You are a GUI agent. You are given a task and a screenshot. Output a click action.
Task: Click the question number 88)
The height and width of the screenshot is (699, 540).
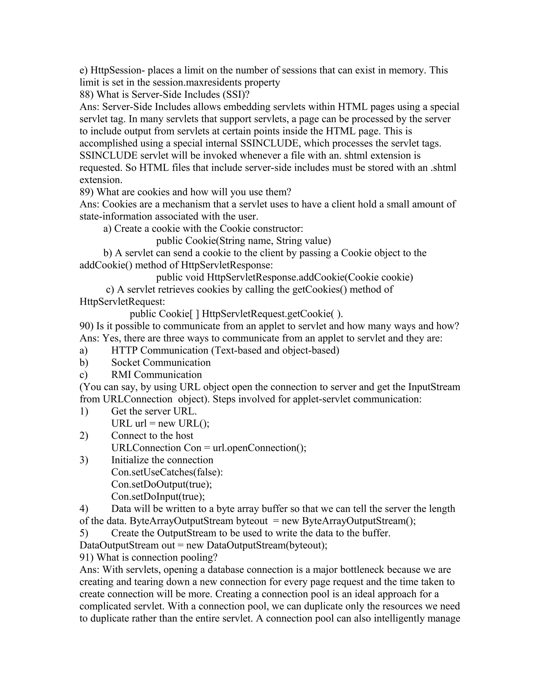[87, 95]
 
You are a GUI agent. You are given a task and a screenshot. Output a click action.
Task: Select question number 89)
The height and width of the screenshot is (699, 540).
[87, 192]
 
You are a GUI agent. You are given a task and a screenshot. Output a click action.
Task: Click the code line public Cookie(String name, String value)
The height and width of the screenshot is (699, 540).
[243, 241]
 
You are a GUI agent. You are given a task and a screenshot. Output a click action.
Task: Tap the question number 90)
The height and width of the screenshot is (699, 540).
[87, 326]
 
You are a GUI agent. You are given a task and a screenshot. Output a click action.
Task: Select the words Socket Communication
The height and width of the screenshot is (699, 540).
[161, 362]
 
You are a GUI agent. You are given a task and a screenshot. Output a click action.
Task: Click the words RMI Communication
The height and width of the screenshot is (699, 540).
[156, 375]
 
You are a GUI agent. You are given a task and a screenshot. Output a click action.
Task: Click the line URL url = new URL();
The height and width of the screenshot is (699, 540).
[160, 423]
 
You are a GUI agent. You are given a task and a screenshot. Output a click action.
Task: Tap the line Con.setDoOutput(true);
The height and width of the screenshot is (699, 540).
[162, 484]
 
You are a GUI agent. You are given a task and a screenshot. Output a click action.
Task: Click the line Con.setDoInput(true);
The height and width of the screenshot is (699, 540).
[158, 496]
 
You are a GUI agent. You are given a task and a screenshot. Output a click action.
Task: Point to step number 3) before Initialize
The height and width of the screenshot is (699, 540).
[84, 460]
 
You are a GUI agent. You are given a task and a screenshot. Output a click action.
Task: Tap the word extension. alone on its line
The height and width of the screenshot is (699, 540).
[101, 180]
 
